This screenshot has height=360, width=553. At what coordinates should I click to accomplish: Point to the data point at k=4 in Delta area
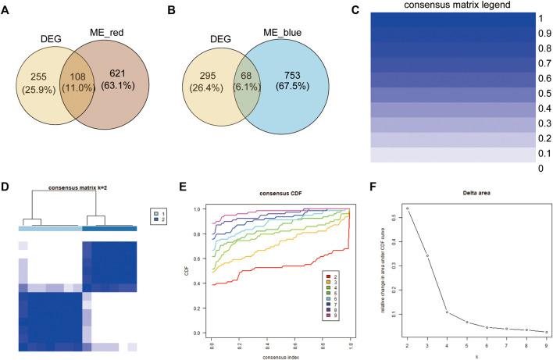pos(447,312)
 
